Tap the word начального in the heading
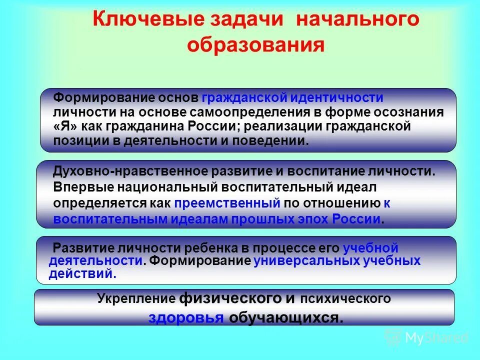tap(357, 20)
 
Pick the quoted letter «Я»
tap(64, 126)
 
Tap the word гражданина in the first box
tap(145, 126)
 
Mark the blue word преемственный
tap(227, 203)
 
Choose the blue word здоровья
tap(185, 318)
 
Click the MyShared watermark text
tap(436, 337)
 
